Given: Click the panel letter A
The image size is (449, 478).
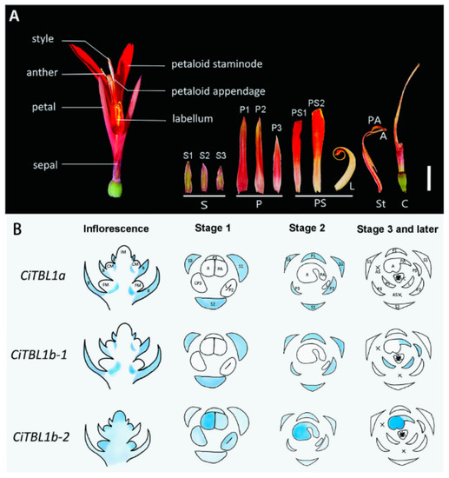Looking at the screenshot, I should [x=12, y=12].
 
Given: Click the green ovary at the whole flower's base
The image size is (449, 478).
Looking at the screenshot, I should [x=117, y=188].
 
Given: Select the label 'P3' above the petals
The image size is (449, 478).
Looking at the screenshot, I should [x=276, y=129].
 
